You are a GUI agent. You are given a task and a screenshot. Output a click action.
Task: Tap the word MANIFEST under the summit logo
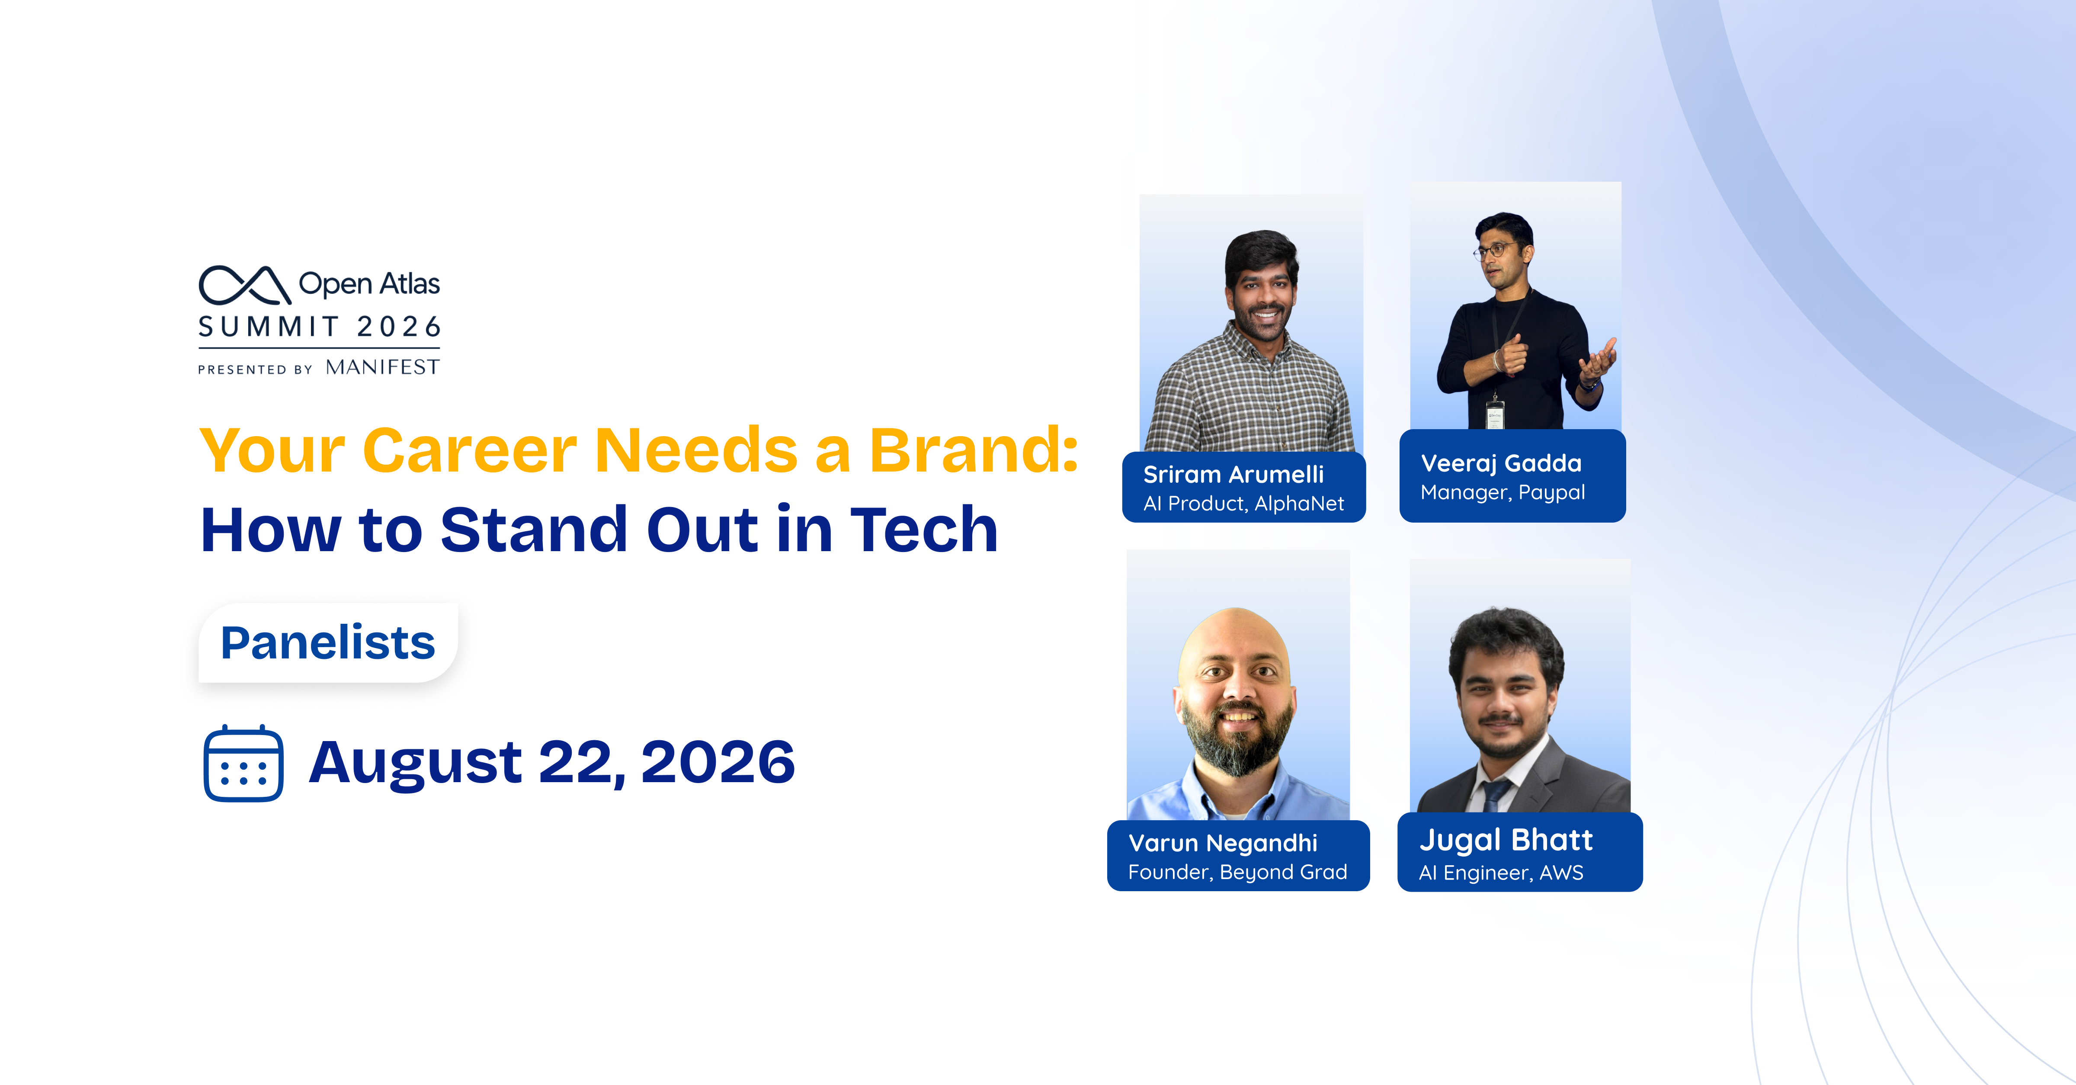click(383, 368)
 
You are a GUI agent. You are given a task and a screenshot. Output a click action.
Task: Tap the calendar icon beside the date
click(243, 764)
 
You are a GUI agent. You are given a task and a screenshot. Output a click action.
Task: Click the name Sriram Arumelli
click(1233, 475)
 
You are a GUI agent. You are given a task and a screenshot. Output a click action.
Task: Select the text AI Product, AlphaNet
click(1243, 504)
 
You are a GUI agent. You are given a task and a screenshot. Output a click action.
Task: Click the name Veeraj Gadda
click(1501, 463)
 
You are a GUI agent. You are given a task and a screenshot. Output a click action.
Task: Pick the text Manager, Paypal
click(1502, 492)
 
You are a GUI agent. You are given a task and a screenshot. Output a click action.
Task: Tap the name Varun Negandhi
click(1223, 843)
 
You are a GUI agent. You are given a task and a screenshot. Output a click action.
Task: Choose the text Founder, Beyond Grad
click(1237, 872)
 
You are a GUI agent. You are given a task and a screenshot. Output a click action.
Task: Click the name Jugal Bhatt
click(1506, 841)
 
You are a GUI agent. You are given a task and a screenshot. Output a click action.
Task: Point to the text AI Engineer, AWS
click(1501, 873)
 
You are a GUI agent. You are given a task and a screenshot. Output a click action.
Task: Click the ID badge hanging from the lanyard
click(1495, 416)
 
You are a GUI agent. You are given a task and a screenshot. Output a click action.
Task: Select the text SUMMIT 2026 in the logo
click(319, 327)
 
